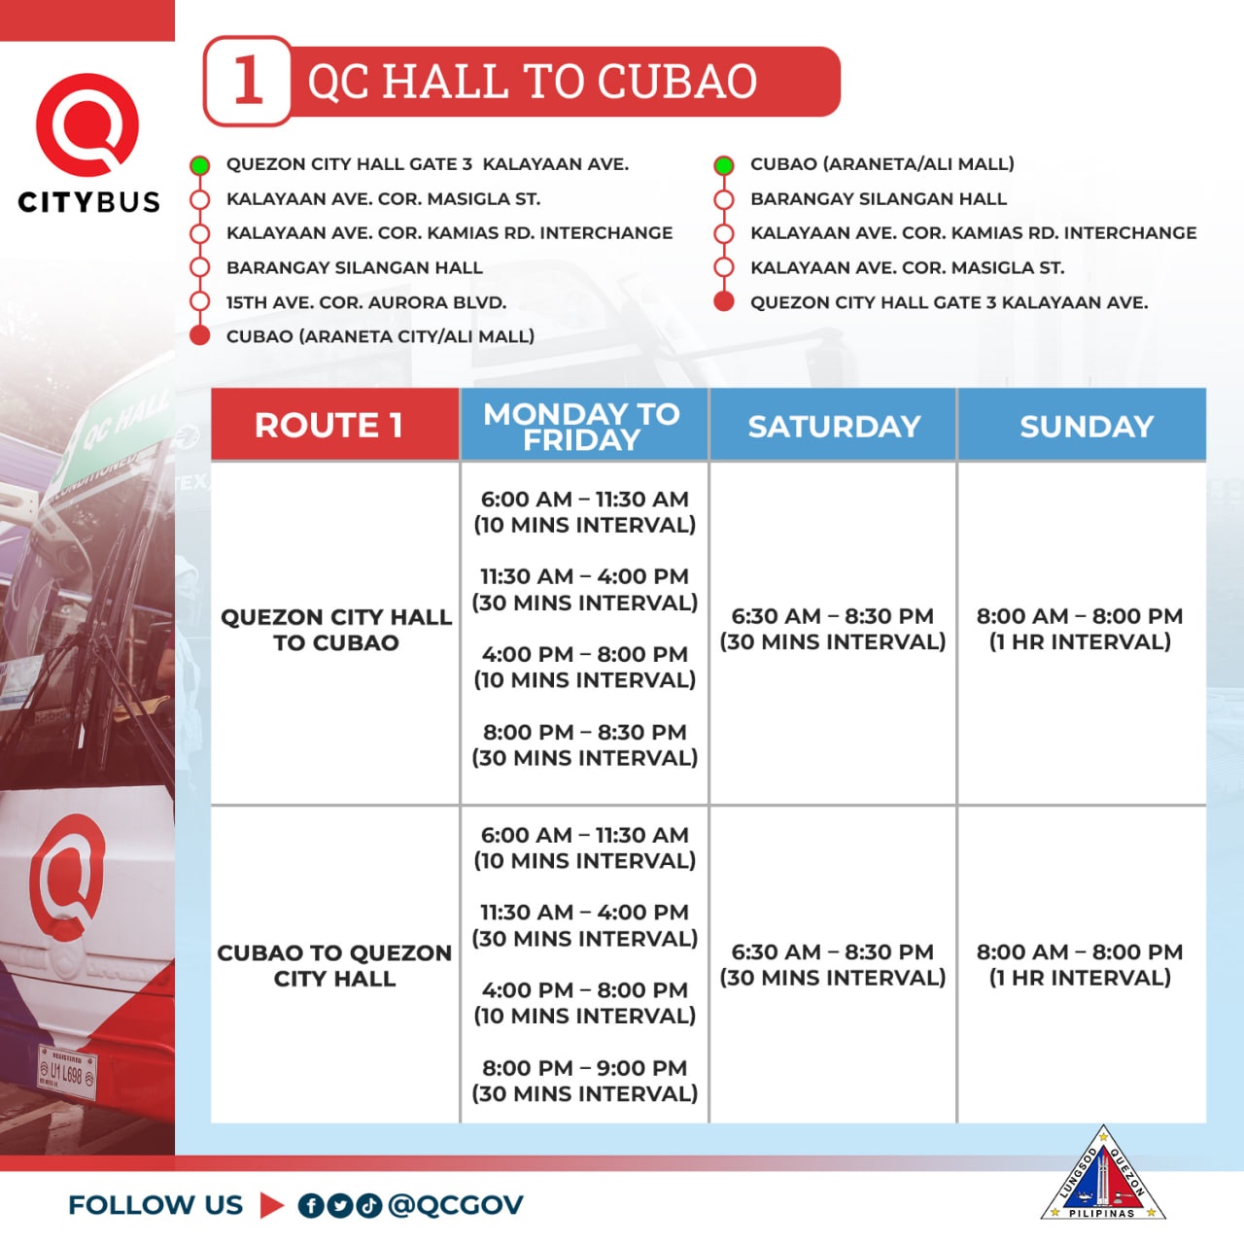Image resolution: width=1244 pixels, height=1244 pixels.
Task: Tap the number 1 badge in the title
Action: tap(248, 81)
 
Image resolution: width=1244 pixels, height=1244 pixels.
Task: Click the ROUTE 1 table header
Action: tap(328, 425)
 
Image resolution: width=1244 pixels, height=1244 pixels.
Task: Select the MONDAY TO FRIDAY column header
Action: tap(581, 426)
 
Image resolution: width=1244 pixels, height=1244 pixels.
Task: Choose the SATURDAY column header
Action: tap(834, 426)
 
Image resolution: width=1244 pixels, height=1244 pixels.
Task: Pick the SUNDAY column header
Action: tap(1086, 426)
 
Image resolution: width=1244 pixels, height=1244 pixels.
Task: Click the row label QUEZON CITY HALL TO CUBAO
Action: tap(335, 630)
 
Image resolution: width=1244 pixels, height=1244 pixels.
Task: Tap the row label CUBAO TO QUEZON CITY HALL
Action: tap(334, 965)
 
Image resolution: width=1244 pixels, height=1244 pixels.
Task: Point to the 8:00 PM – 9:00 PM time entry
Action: tap(584, 1068)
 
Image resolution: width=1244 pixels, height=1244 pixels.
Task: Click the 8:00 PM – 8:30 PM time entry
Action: tap(584, 732)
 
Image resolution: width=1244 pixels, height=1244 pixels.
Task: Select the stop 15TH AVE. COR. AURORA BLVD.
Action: tap(366, 302)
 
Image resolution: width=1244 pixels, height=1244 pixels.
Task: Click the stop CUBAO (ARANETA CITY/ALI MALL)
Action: tap(380, 336)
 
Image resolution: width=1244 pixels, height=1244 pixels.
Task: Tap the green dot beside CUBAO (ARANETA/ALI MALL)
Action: tap(723, 165)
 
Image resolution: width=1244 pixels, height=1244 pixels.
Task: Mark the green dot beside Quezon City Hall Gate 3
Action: tap(200, 165)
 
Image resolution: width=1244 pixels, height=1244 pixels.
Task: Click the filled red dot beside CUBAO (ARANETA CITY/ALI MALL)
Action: tap(200, 336)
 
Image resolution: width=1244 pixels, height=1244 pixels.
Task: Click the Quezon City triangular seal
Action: tap(1103, 1177)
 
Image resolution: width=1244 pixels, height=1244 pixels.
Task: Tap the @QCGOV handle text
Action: tap(455, 1205)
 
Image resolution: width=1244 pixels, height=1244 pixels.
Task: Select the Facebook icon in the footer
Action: tap(310, 1206)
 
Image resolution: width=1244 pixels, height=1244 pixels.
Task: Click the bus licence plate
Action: tap(67, 1073)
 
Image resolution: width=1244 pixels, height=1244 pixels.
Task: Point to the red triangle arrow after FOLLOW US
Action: tap(271, 1205)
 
